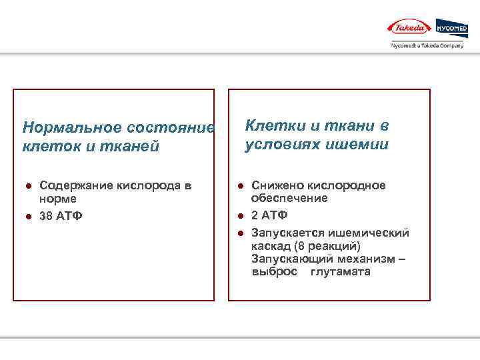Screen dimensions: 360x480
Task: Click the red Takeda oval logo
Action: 409,28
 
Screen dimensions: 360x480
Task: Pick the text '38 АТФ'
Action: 61,215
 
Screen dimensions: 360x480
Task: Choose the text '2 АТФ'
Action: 269,215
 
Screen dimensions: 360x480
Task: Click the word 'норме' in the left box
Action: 58,199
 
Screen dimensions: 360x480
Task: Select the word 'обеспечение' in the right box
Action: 289,199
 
